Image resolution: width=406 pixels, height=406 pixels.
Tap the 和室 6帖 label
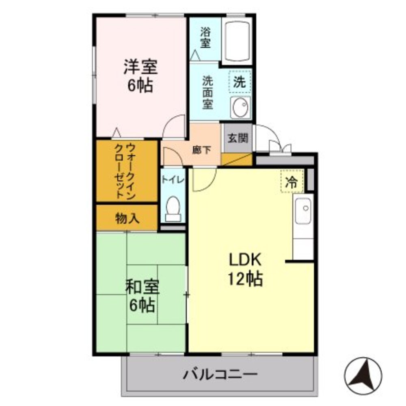[x=142, y=296]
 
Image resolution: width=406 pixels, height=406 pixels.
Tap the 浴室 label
[x=205, y=37]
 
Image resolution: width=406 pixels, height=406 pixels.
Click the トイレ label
[x=173, y=179]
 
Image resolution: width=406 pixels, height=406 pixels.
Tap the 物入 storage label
[x=127, y=218]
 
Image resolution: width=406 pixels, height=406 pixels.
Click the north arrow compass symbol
[x=363, y=376]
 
